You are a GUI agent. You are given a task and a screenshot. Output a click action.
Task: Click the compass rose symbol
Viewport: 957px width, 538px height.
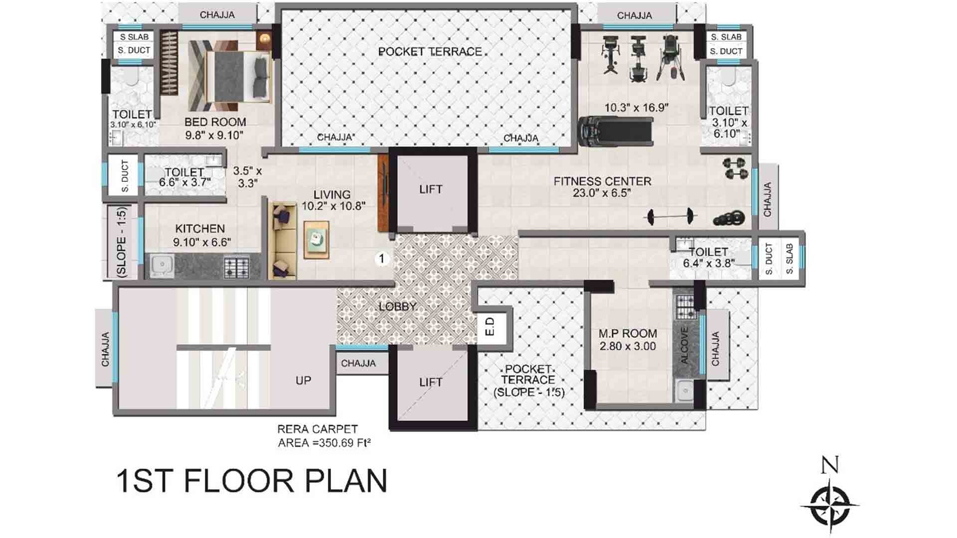[x=830, y=505]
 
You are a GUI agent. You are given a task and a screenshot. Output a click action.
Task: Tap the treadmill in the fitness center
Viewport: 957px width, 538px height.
[x=616, y=132]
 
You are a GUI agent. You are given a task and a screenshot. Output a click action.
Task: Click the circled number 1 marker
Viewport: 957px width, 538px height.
[x=382, y=259]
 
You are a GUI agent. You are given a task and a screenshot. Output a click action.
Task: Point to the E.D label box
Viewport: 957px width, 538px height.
[x=490, y=326]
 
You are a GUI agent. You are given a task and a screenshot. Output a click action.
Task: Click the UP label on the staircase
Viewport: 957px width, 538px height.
[x=303, y=381]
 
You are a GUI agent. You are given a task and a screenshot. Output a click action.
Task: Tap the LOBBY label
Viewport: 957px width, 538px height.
[x=398, y=306]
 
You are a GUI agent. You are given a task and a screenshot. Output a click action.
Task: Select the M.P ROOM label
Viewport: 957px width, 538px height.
[x=628, y=334]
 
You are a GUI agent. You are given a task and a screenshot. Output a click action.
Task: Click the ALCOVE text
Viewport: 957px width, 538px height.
[x=684, y=345]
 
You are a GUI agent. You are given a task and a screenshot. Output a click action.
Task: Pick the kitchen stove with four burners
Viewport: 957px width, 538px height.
[x=236, y=267]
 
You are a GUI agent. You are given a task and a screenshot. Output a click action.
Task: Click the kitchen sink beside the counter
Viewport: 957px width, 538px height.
[x=160, y=267]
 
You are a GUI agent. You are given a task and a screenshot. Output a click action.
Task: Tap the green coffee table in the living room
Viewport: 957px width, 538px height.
[x=317, y=240]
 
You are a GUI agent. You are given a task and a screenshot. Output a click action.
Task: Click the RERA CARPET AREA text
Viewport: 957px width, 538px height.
[x=324, y=436]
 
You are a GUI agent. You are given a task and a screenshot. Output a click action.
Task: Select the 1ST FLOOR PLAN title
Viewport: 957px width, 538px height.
[x=252, y=481]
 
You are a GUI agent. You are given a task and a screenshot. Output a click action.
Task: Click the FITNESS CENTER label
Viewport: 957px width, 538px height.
[x=602, y=181]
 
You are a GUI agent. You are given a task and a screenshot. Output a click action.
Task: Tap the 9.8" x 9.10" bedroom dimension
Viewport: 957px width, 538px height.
[x=214, y=134]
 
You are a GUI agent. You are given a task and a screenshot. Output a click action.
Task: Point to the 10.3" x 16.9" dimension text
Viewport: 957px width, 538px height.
[x=636, y=108]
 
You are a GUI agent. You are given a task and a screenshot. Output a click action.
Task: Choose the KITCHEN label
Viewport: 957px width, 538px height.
[x=200, y=229]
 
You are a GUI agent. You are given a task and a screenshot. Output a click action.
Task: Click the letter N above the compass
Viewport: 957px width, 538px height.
[x=829, y=465]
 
